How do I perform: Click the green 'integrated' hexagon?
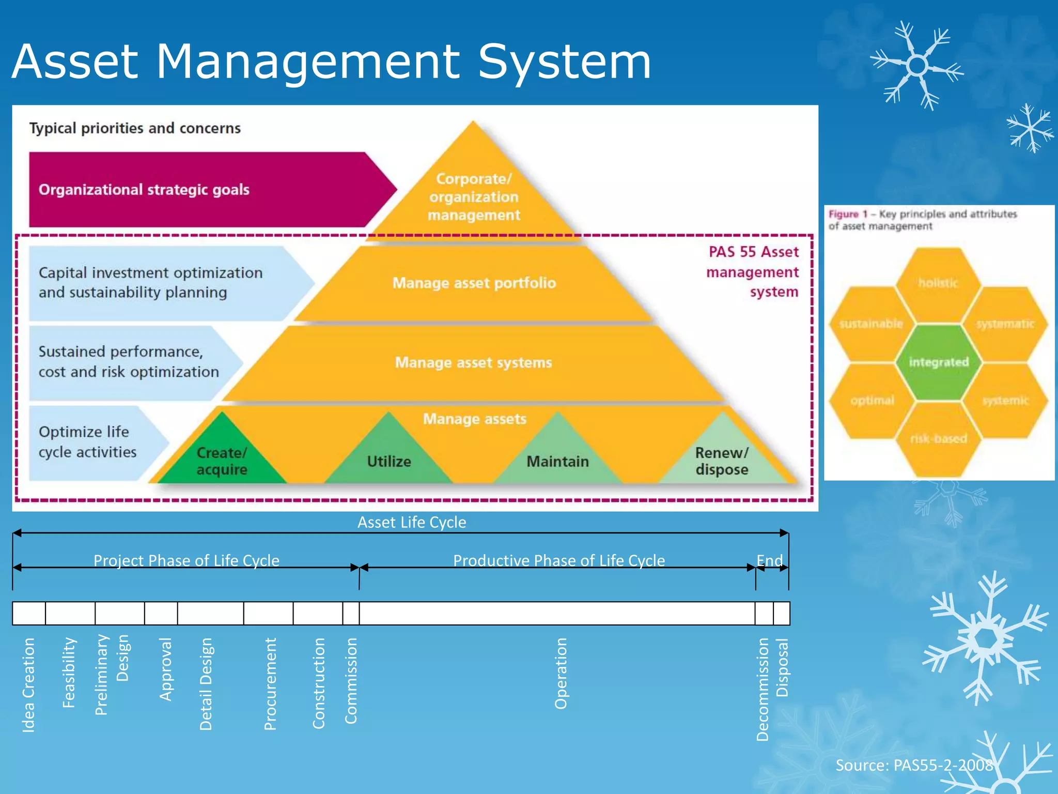(938, 362)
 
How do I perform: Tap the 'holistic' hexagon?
(938, 283)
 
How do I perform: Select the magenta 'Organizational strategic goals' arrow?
(196, 190)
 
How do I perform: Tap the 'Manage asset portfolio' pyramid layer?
(474, 283)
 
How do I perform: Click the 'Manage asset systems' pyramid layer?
(474, 362)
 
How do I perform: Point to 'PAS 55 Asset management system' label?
(753, 272)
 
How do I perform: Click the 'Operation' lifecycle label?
(561, 674)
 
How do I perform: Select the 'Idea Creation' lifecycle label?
(29, 685)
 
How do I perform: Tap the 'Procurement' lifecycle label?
(270, 683)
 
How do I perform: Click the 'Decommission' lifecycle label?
(763, 689)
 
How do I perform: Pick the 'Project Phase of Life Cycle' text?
(186, 560)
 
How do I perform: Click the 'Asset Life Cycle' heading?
(412, 522)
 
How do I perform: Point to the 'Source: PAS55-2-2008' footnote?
(914, 765)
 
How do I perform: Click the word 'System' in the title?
(564, 62)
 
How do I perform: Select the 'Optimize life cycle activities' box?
(88, 442)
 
